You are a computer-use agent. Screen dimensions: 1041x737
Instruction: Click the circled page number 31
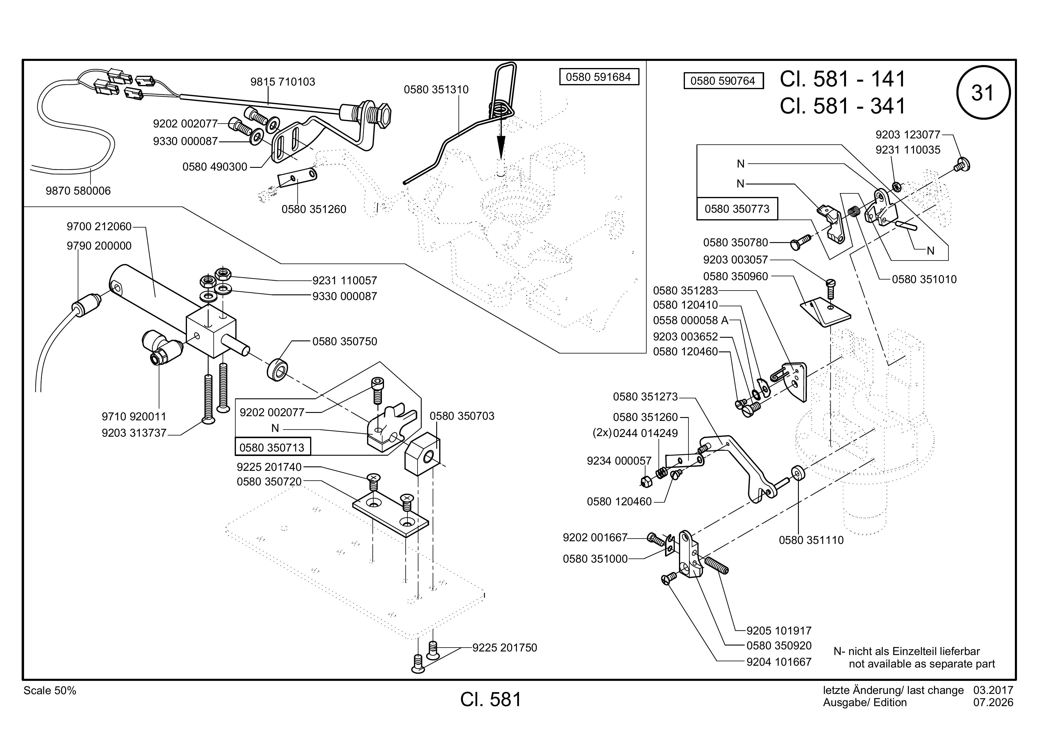983,93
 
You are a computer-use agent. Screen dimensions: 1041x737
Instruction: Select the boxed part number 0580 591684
599,77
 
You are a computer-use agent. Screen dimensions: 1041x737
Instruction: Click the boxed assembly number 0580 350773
737,209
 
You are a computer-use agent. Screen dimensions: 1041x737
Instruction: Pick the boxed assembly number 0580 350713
272,447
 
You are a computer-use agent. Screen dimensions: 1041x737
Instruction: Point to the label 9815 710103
283,82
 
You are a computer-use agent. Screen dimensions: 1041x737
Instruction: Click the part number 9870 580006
78,191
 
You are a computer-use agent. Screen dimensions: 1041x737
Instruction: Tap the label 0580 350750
345,341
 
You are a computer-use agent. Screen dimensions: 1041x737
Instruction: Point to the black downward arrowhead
501,146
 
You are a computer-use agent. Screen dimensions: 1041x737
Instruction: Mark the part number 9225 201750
505,648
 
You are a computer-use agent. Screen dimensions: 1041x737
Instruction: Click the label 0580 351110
811,540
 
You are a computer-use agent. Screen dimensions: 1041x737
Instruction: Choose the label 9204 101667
779,662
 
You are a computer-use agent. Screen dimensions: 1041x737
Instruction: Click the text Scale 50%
50,691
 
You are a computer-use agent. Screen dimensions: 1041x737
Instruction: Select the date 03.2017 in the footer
993,690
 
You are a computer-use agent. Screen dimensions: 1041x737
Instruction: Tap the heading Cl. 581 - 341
842,106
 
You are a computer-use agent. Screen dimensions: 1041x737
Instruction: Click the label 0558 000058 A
691,321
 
